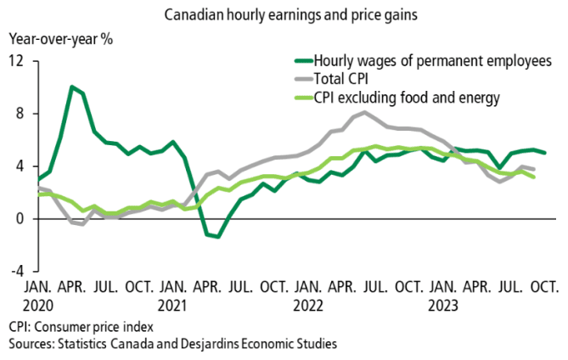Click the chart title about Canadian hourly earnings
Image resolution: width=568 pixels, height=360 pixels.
click(x=284, y=15)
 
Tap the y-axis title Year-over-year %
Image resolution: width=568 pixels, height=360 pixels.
click(x=60, y=38)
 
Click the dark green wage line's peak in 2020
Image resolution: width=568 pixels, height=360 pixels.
click(x=72, y=87)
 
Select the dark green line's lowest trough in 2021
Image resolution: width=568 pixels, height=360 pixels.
click(x=218, y=237)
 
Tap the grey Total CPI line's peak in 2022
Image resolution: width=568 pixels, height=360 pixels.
click(x=364, y=112)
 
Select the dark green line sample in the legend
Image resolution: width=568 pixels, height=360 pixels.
click(x=301, y=60)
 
